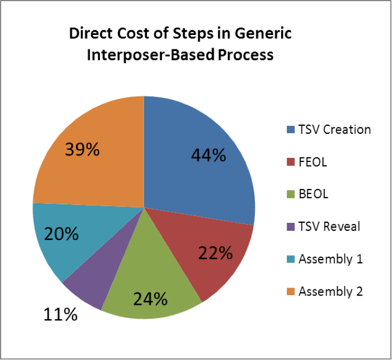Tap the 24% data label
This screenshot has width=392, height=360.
coord(150,299)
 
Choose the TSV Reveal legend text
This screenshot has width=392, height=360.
coord(329,226)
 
